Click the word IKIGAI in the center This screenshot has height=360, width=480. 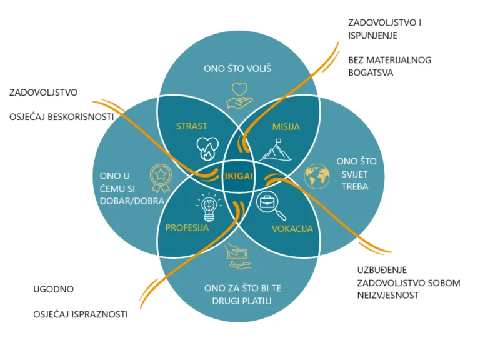[x=239, y=176]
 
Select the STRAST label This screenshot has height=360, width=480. [x=192, y=126]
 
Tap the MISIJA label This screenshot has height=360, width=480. [x=286, y=126]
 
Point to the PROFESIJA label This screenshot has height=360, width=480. [x=187, y=227]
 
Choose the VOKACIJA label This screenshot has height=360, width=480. [x=292, y=229]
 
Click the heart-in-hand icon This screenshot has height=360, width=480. [x=239, y=96]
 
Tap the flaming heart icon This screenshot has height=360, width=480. [x=207, y=149]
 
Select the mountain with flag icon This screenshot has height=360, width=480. [x=276, y=150]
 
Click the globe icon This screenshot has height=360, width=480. [x=317, y=176]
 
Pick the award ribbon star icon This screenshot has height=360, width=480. [x=161, y=179]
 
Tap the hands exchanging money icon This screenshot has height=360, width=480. [x=237, y=257]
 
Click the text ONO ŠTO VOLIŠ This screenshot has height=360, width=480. [x=237, y=68]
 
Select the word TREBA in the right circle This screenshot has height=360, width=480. [x=355, y=186]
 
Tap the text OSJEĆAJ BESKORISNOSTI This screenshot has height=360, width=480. [x=61, y=117]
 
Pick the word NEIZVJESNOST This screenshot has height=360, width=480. [x=388, y=296]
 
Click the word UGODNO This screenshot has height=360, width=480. [x=53, y=289]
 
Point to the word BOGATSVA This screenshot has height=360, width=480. [x=371, y=72]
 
